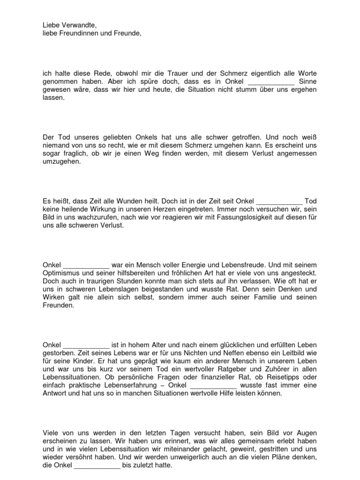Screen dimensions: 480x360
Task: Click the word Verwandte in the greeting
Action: [x=80, y=25]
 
